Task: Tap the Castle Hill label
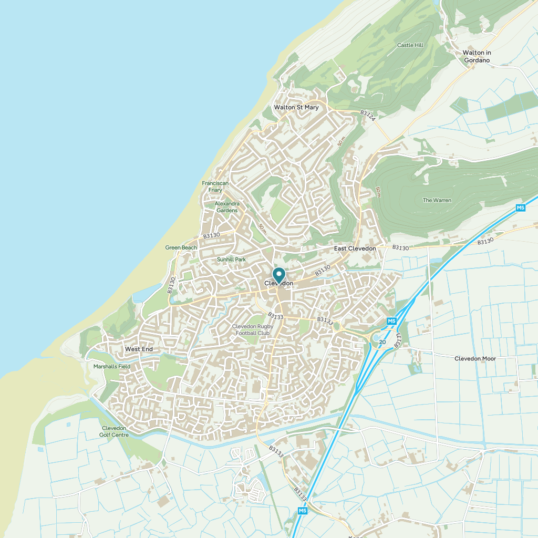click(410, 45)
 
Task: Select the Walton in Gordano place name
click(477, 56)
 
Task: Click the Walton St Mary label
click(296, 108)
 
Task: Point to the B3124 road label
click(368, 116)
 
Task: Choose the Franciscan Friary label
click(215, 187)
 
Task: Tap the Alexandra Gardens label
click(227, 207)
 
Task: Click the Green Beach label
click(181, 247)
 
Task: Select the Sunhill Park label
click(231, 260)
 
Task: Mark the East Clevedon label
click(355, 248)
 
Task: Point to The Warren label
click(437, 200)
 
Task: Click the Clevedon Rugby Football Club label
click(252, 329)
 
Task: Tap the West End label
click(139, 349)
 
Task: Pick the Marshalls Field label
click(111, 366)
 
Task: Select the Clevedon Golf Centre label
click(115, 431)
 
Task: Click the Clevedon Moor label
click(475, 358)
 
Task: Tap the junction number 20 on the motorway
click(382, 342)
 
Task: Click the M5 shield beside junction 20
click(391, 321)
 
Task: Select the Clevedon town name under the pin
click(278, 283)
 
